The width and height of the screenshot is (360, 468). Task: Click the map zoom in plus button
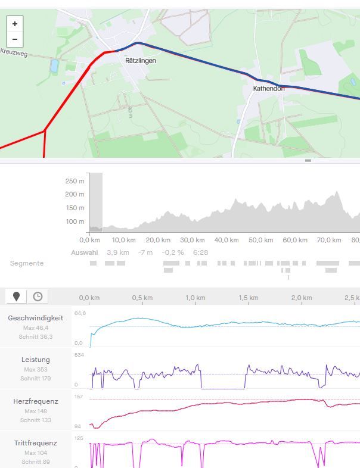15,24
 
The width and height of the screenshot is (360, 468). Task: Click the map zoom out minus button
15,39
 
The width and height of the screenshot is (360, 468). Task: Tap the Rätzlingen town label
141,61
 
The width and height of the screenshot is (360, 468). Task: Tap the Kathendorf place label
269,89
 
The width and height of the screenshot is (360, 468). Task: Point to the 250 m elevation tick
75,181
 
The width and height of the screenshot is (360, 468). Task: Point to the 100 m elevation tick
75,222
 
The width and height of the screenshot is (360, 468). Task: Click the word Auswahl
84,252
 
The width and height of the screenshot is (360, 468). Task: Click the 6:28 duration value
201,252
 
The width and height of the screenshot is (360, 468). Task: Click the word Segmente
27,263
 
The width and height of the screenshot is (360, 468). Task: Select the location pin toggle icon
16,297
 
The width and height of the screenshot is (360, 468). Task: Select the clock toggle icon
38,297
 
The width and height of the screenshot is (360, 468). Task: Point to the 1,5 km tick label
249,298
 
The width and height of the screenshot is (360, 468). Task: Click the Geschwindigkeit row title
35,318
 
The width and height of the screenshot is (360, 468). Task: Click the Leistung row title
35,360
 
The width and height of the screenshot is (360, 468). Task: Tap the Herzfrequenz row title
35,401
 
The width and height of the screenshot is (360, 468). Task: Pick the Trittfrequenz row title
35,443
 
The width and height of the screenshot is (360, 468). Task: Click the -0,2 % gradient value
173,252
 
